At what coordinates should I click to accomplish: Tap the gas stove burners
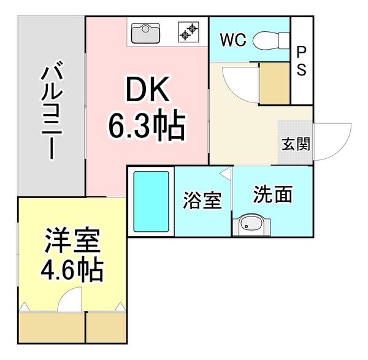(189, 30)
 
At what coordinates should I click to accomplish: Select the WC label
(233, 40)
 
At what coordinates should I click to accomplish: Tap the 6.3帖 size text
(147, 127)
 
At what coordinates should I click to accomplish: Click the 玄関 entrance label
(296, 145)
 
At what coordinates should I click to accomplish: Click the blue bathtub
(151, 201)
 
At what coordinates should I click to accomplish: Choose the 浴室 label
(202, 201)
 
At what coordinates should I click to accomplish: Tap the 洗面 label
(273, 194)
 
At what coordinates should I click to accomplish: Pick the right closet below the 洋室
(106, 330)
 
